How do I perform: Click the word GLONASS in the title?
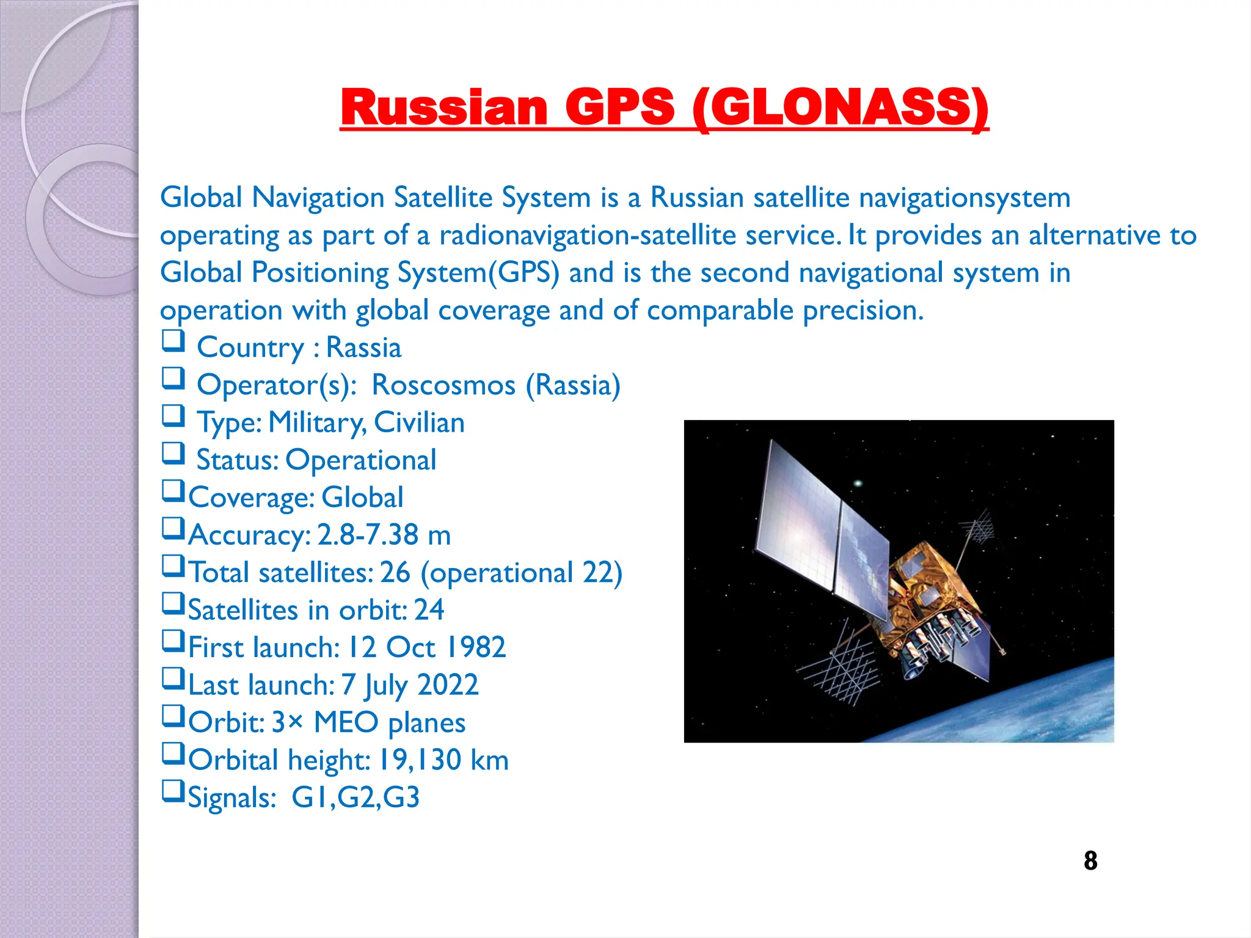(841, 107)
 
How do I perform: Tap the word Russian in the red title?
(444, 107)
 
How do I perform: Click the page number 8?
(1090, 861)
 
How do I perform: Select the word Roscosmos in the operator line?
(443, 385)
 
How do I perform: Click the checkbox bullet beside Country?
(173, 340)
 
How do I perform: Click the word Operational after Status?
(360, 460)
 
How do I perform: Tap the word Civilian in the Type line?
(419, 423)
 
